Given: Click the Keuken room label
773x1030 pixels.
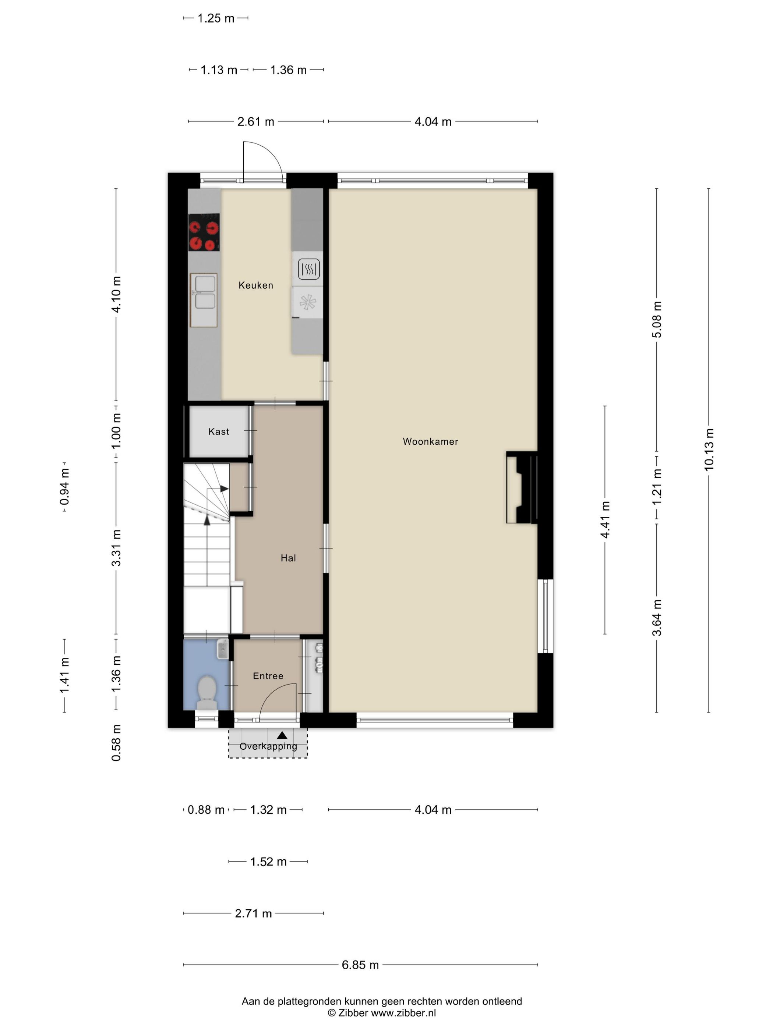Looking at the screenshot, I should (255, 285).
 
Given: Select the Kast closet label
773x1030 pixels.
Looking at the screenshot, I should (219, 431).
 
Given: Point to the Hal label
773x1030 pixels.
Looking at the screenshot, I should (288, 558).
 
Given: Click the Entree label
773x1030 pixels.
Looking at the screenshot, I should (268, 676).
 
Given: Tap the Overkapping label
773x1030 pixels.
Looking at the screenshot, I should (268, 746).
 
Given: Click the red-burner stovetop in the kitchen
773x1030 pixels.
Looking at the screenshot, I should (204, 232).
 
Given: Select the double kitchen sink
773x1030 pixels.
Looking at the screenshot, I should (204, 293).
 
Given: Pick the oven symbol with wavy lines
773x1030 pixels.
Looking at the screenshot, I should (308, 269).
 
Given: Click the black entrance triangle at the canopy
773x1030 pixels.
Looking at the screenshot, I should (282, 735).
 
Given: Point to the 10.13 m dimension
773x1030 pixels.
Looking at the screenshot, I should (709, 450).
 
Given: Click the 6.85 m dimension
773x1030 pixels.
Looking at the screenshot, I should (360, 965).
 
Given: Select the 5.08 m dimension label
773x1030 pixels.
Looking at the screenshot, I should (657, 319).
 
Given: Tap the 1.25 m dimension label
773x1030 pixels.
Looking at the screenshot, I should (216, 18).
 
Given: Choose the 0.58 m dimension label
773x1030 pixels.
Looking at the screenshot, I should (116, 743).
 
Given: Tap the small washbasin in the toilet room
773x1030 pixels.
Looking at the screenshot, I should (222, 649).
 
